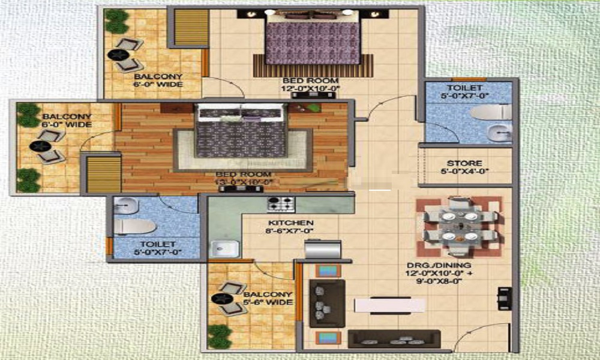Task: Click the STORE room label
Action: (x=464, y=163)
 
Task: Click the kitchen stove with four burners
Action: (x=281, y=203)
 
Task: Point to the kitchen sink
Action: (x=224, y=248)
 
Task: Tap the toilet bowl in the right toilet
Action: (x=491, y=113)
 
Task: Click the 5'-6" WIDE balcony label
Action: (x=268, y=298)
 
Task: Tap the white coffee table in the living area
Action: (x=389, y=305)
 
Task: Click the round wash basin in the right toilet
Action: (x=499, y=133)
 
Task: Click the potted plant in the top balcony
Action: (x=116, y=21)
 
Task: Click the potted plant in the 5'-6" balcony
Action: (x=220, y=336)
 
